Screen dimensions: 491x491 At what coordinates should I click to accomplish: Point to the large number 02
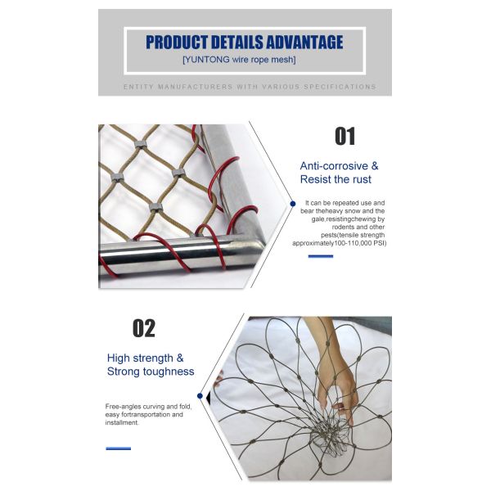(144, 328)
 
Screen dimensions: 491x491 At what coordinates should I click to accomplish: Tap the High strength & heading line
(146, 358)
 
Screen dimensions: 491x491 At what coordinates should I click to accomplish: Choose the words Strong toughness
(151, 372)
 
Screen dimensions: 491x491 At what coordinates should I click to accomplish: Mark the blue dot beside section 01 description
(292, 202)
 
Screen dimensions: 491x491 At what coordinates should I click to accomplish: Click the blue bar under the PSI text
(320, 256)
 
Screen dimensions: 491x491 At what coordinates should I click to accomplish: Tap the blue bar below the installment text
(118, 448)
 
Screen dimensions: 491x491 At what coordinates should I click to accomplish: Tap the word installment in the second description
(121, 423)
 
